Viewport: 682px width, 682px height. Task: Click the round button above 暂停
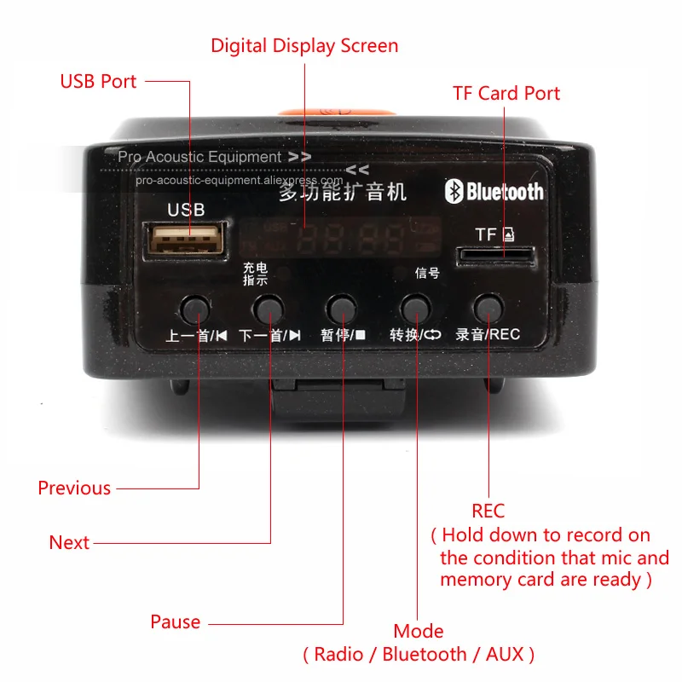click(x=342, y=305)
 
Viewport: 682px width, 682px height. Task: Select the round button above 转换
click(x=415, y=305)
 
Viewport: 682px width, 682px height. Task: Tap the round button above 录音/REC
click(x=488, y=305)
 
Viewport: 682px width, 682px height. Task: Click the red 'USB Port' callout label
click(x=98, y=82)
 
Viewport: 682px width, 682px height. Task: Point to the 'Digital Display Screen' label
click(x=304, y=45)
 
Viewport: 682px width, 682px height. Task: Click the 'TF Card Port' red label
click(x=506, y=93)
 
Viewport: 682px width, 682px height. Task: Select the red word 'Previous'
click(x=74, y=488)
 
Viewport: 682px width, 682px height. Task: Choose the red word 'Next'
click(x=69, y=543)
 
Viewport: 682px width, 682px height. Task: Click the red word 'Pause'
click(x=175, y=621)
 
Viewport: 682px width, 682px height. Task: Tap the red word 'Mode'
click(x=419, y=632)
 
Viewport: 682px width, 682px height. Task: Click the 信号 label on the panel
click(x=427, y=273)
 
